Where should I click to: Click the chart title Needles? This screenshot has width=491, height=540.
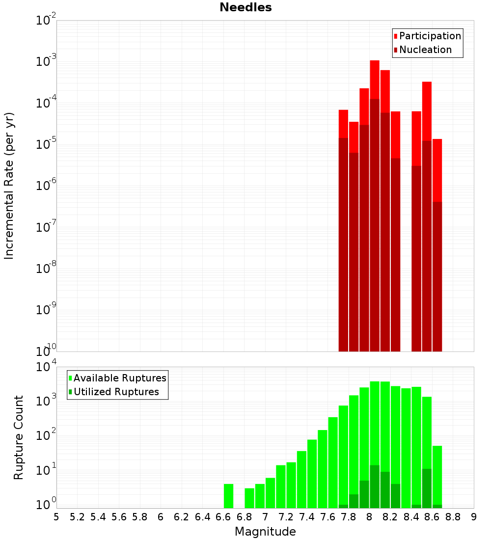245,7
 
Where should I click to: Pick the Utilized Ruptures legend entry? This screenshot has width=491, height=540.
116,392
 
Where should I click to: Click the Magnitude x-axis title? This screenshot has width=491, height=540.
265,532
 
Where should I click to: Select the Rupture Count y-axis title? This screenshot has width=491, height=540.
19,437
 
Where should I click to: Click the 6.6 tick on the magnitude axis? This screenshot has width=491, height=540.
223,517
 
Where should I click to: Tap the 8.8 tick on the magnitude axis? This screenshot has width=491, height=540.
453,517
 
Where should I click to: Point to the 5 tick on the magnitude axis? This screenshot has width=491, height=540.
56,517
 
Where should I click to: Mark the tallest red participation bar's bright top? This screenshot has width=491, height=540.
375,79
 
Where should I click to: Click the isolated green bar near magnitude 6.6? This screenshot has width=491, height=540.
228,496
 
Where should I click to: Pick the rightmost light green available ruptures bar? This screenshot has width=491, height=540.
437,474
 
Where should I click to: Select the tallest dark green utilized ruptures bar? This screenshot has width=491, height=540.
375,486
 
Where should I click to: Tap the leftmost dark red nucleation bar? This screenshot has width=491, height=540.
343,245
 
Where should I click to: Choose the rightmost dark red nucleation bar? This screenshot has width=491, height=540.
437,275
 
